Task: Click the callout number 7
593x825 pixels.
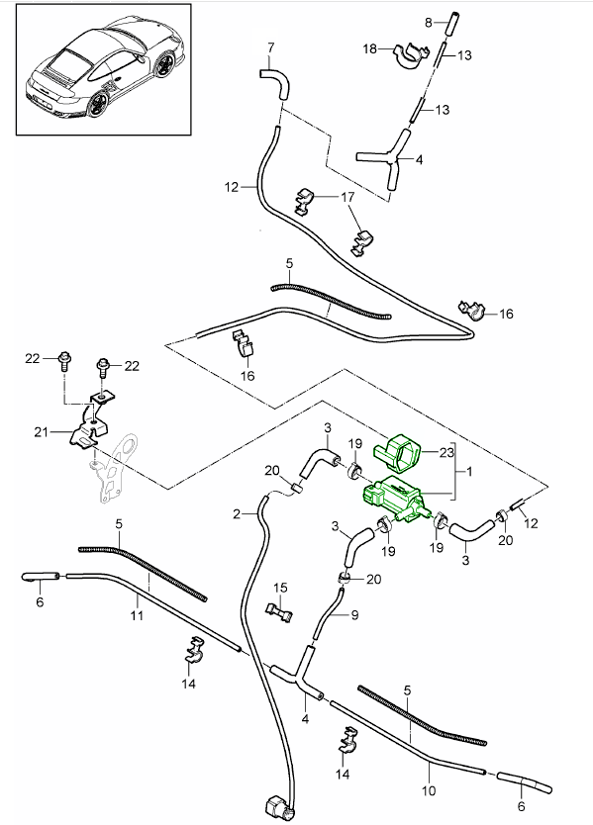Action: pyautogui.click(x=270, y=47)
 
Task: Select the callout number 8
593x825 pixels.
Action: pyautogui.click(x=428, y=22)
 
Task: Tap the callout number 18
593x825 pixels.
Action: pyautogui.click(x=370, y=48)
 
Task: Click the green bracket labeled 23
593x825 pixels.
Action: pyautogui.click(x=397, y=450)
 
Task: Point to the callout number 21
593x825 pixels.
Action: pyautogui.click(x=41, y=432)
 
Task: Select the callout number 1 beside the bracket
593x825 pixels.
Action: pyautogui.click(x=469, y=471)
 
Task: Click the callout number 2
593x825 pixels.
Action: pyautogui.click(x=237, y=513)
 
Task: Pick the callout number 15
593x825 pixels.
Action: pyautogui.click(x=281, y=588)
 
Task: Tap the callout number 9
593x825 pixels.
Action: pyautogui.click(x=354, y=614)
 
